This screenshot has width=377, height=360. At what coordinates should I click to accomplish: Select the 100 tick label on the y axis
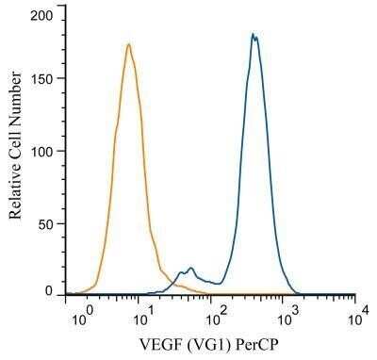42,151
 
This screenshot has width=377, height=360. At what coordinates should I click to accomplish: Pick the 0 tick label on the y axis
50,293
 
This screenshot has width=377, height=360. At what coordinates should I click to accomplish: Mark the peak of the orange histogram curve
128,44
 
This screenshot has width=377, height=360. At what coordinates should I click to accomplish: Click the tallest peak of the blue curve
253,35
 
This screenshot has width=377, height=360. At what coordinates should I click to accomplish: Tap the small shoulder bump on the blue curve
190,269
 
